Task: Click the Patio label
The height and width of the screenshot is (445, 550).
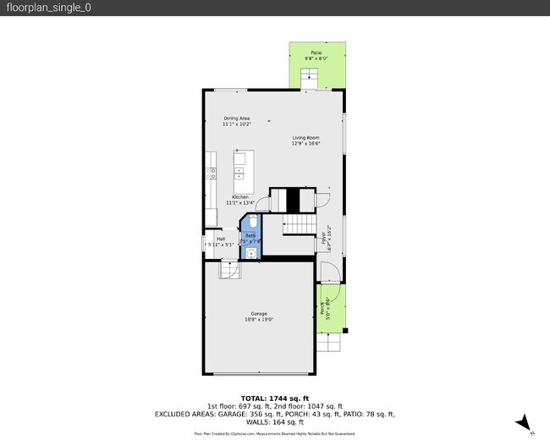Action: [x=316, y=52]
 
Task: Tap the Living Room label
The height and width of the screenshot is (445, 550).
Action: [x=305, y=137]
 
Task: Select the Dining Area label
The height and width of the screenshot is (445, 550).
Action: [x=237, y=118]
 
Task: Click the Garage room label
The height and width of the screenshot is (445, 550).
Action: [x=258, y=314]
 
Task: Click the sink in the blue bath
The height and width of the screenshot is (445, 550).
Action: [x=251, y=251]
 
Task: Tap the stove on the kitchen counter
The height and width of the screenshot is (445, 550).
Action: [x=211, y=173]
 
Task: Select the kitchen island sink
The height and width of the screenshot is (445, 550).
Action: [x=239, y=173]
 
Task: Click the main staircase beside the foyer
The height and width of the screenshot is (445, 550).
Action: [x=297, y=225]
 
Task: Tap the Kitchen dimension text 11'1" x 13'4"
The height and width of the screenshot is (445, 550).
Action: [x=239, y=203]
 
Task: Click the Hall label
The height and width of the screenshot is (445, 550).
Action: [x=221, y=239]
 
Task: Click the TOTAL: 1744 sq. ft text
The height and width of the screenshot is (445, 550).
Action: [x=274, y=398]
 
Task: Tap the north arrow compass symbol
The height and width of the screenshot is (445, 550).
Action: [x=525, y=422]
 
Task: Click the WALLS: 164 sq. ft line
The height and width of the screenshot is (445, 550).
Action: [x=274, y=421]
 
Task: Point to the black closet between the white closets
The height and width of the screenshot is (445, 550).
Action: [x=292, y=201]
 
